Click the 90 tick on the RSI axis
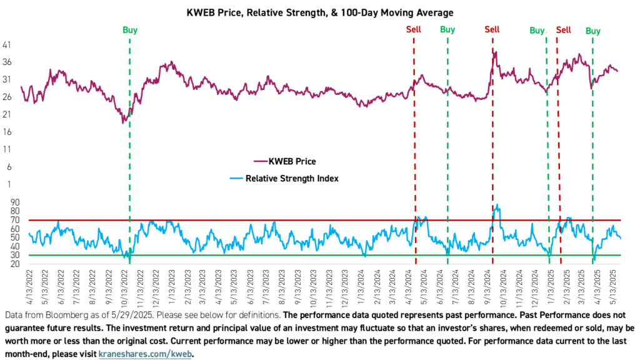click(14, 202)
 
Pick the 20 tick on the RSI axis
click(14, 264)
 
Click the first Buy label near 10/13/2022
click(129, 30)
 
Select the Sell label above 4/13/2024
click(414, 30)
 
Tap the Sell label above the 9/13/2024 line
click(492, 30)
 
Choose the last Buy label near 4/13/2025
click(592, 31)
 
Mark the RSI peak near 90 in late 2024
click(497, 205)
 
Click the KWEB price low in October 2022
click(124, 122)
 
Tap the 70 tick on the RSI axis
click(14, 220)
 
